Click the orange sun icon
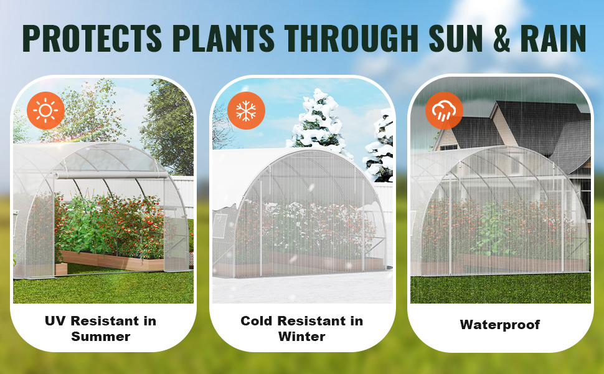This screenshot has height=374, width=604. pos(45,111)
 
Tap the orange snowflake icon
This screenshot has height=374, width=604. pos(246,111)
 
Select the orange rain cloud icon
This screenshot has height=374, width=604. pos(444,111)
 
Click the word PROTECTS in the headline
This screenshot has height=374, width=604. pos(92,39)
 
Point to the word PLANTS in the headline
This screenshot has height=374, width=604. pos(224,39)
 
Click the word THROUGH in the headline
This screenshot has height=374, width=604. pos(352,39)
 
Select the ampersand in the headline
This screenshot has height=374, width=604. pos(501,39)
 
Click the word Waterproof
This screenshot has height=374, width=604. pos(500,325)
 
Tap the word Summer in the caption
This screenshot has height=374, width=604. pos(101,336)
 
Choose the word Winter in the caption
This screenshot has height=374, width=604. pos(302,336)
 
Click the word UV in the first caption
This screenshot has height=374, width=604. pos(55,321)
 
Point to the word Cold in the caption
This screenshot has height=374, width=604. pos(257,321)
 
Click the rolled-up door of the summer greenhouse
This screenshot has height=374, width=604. pos(111,175)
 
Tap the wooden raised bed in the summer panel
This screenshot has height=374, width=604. pos(111,261)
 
